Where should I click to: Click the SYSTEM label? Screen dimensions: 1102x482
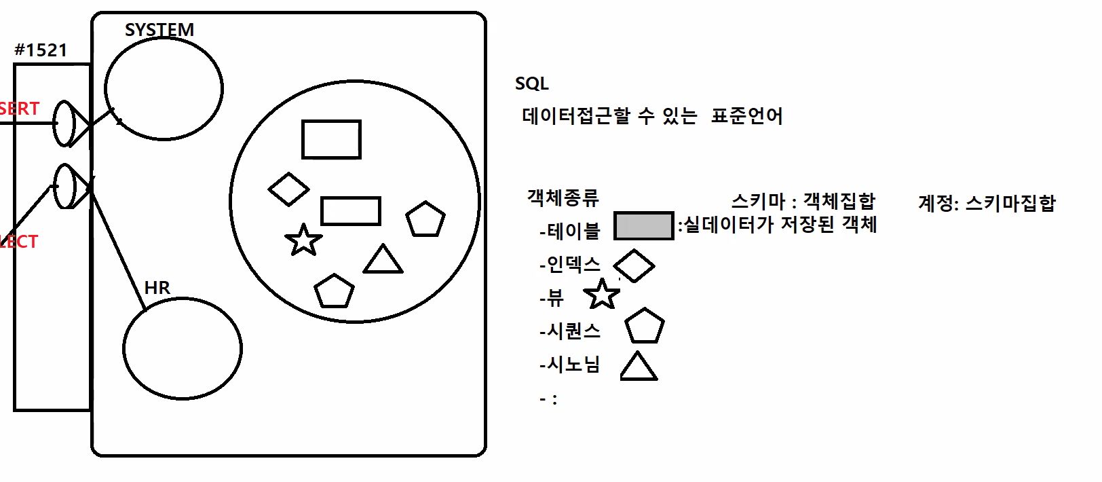tap(159, 30)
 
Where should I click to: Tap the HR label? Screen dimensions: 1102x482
tap(157, 288)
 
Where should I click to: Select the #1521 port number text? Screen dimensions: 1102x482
tap(41, 50)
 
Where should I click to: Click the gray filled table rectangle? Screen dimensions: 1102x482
tap(643, 226)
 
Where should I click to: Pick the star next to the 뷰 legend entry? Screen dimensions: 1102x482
tap(601, 295)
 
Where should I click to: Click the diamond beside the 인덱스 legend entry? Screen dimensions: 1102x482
tap(634, 265)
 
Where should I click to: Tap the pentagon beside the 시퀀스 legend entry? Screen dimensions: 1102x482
tap(644, 327)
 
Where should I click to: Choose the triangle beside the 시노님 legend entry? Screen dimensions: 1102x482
tap(638, 367)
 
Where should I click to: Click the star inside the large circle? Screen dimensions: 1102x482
tap(303, 240)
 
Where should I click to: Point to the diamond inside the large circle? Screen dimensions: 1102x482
tap(289, 189)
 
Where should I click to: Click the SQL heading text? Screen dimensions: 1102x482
tap(531, 84)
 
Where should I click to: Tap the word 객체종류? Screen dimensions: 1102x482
tap(563, 198)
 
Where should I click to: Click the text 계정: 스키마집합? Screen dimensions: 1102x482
tap(987, 203)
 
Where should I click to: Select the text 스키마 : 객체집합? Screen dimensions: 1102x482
tap(803, 201)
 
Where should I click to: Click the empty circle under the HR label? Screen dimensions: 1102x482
tap(183, 348)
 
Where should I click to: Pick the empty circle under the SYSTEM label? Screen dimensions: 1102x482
tap(164, 88)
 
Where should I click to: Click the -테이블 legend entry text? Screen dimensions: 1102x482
tap(570, 231)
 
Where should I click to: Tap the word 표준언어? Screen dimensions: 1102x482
tap(746, 116)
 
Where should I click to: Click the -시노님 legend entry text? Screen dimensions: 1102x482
tap(570, 365)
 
